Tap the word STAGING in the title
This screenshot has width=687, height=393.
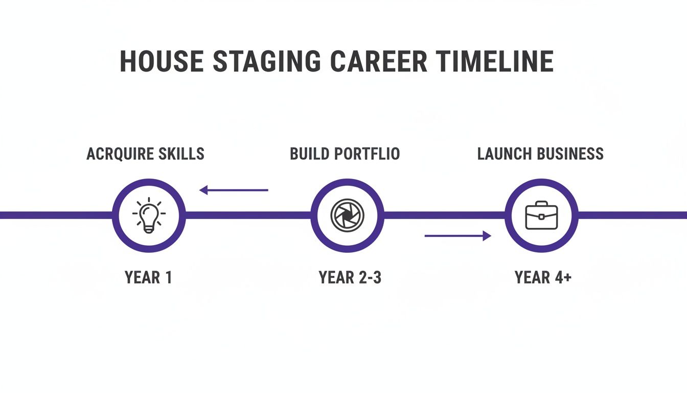coord(266,61)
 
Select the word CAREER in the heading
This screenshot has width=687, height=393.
coord(378,61)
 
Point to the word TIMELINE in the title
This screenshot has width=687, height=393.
coord(494,61)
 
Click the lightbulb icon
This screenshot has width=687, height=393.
coord(148,215)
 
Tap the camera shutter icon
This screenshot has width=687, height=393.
coord(347,215)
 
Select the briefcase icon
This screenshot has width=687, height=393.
coord(541,215)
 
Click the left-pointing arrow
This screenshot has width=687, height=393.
coord(234,190)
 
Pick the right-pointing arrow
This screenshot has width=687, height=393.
coord(457,235)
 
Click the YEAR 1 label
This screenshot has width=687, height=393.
coord(148,277)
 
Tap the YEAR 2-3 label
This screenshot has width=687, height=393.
coord(350,277)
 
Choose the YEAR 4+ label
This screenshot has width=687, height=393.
coord(543,277)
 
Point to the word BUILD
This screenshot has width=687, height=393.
coord(310,154)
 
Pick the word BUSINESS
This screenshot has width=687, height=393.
coord(572,154)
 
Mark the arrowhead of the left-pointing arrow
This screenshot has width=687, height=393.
coord(204,190)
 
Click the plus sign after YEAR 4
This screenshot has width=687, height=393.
coord(566,277)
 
